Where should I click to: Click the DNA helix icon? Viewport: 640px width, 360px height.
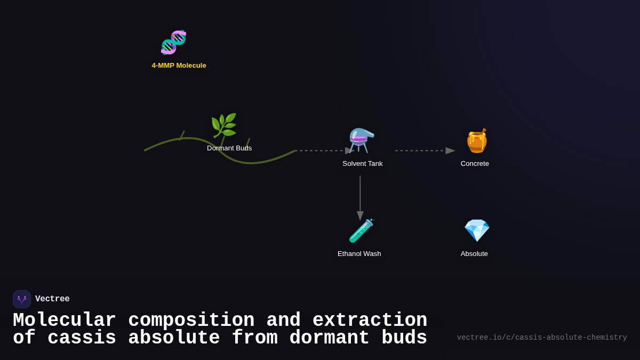click(173, 43)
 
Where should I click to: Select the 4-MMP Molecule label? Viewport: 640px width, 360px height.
click(179, 66)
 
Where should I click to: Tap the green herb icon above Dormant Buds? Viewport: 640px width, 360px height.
click(223, 125)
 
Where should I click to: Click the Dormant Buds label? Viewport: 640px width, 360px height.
click(229, 148)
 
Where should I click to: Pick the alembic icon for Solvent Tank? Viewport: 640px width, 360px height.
click(362, 140)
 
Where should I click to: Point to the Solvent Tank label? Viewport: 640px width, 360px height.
click(362, 164)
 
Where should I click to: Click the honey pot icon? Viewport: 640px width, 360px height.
click(476, 141)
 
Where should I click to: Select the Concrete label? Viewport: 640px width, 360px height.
click(475, 164)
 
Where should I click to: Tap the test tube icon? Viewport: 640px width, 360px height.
click(361, 231)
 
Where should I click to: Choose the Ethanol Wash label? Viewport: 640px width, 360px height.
click(359, 254)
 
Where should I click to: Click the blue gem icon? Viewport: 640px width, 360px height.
click(476, 230)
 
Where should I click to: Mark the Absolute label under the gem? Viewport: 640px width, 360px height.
click(474, 254)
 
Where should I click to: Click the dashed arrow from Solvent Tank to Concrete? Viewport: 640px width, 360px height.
click(424, 151)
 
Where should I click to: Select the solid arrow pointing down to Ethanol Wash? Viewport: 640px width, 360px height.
click(360, 197)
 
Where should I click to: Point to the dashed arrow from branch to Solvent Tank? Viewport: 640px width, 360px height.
click(323, 151)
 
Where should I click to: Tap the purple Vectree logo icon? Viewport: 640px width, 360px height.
click(22, 299)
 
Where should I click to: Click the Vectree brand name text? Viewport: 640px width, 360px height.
click(52, 299)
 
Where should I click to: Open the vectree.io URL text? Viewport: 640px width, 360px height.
click(541, 338)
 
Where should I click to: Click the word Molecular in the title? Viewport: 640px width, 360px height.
click(64, 321)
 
